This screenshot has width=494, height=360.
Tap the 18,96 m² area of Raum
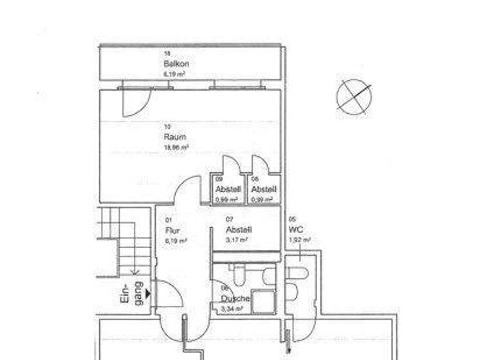[176, 147]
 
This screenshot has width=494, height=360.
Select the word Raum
[174, 137]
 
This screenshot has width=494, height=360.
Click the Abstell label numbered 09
[228, 190]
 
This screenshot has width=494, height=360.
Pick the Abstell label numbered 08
[263, 190]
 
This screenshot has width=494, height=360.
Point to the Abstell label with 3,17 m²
[238, 230]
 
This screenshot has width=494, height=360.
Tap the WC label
[297, 230]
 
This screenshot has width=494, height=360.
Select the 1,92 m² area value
[300, 240]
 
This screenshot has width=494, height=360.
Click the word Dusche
[234, 299]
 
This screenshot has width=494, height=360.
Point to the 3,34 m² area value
[232, 309]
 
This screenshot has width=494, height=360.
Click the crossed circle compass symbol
[354, 96]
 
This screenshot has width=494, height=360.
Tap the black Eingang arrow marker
[147, 294]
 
